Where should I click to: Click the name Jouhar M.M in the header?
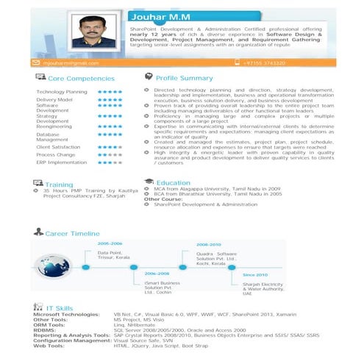point(173,16)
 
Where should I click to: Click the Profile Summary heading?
point(184,78)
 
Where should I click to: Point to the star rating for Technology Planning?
point(110,92)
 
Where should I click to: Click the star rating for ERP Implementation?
point(110,163)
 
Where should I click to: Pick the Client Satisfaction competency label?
point(58,147)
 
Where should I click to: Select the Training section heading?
point(59,184)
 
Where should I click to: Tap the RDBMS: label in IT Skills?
point(47,331)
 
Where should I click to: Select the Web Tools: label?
point(51,345)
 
